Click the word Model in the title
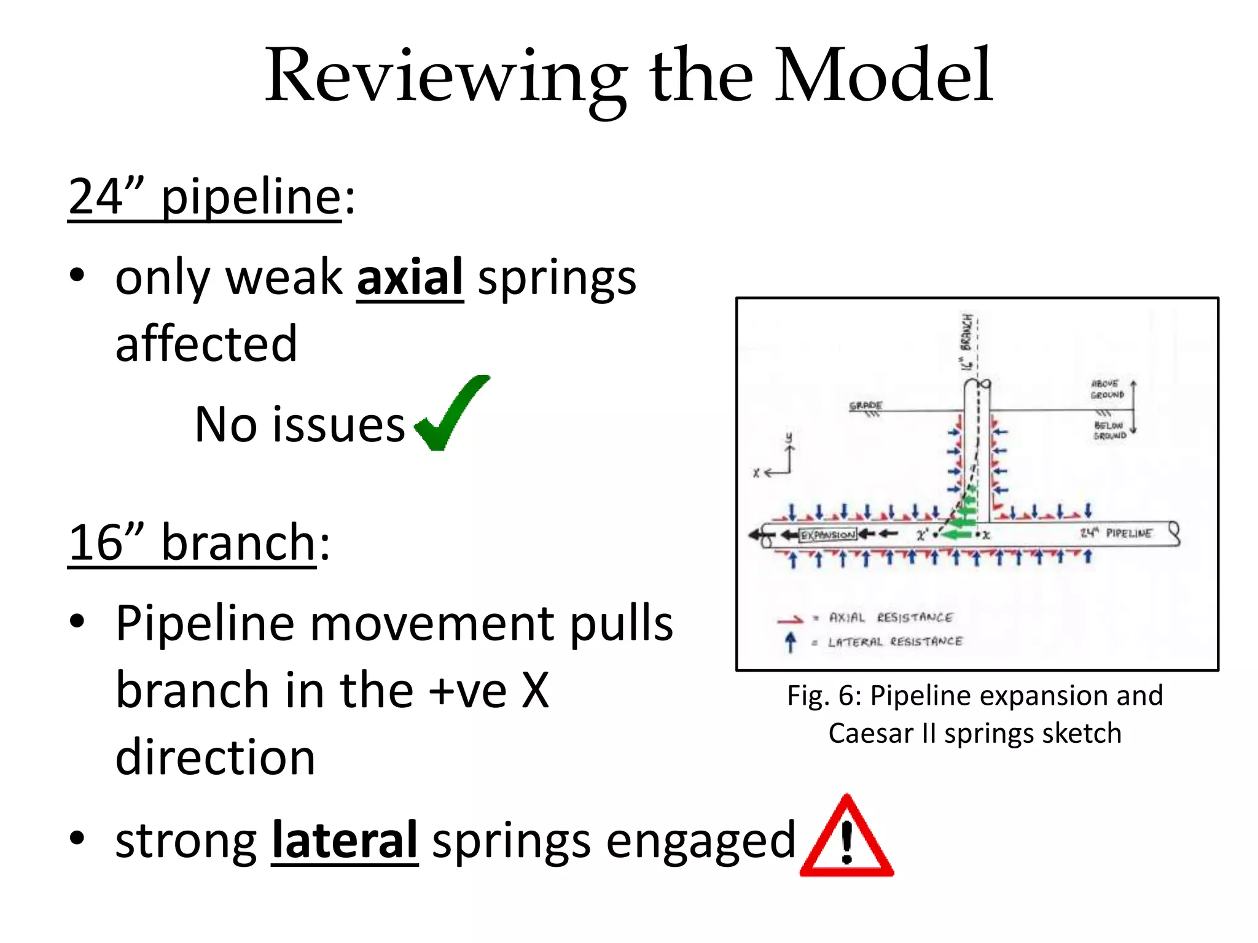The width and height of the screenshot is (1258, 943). coord(883,75)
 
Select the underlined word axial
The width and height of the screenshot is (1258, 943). coord(410,277)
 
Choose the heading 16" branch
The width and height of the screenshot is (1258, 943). coord(198,543)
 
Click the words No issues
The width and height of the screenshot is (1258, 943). coord(299,424)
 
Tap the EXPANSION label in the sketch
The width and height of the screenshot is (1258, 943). coord(827,535)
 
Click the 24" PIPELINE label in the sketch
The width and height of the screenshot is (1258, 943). coord(1116,533)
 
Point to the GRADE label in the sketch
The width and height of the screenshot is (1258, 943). coord(865,406)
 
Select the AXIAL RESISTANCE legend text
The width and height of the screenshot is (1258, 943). coord(890,618)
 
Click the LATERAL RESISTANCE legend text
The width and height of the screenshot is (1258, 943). coord(894,642)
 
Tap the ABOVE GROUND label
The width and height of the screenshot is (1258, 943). coord(1107,389)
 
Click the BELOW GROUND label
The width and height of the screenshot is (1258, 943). coord(1109,430)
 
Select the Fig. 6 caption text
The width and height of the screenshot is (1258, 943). coord(975,714)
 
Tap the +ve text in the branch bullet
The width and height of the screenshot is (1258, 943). coord(467,690)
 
